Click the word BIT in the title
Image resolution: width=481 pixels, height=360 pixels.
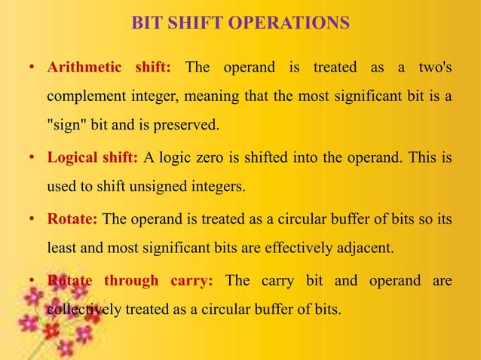coord(146,23)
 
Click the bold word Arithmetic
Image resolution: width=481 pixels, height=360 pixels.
coord(84,67)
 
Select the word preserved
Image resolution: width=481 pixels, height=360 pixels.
coord(191,125)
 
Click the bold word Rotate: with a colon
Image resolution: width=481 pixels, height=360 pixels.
coord(72,219)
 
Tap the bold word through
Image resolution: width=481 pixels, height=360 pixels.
coord(130,281)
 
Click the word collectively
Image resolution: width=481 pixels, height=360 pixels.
coord(80,308)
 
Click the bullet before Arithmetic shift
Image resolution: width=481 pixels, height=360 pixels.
coord(31,69)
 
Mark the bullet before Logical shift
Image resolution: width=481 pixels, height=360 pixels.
coord(31,158)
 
